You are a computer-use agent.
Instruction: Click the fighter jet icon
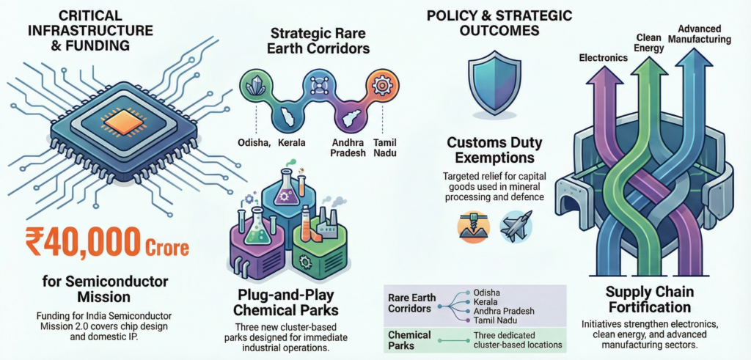516,226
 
